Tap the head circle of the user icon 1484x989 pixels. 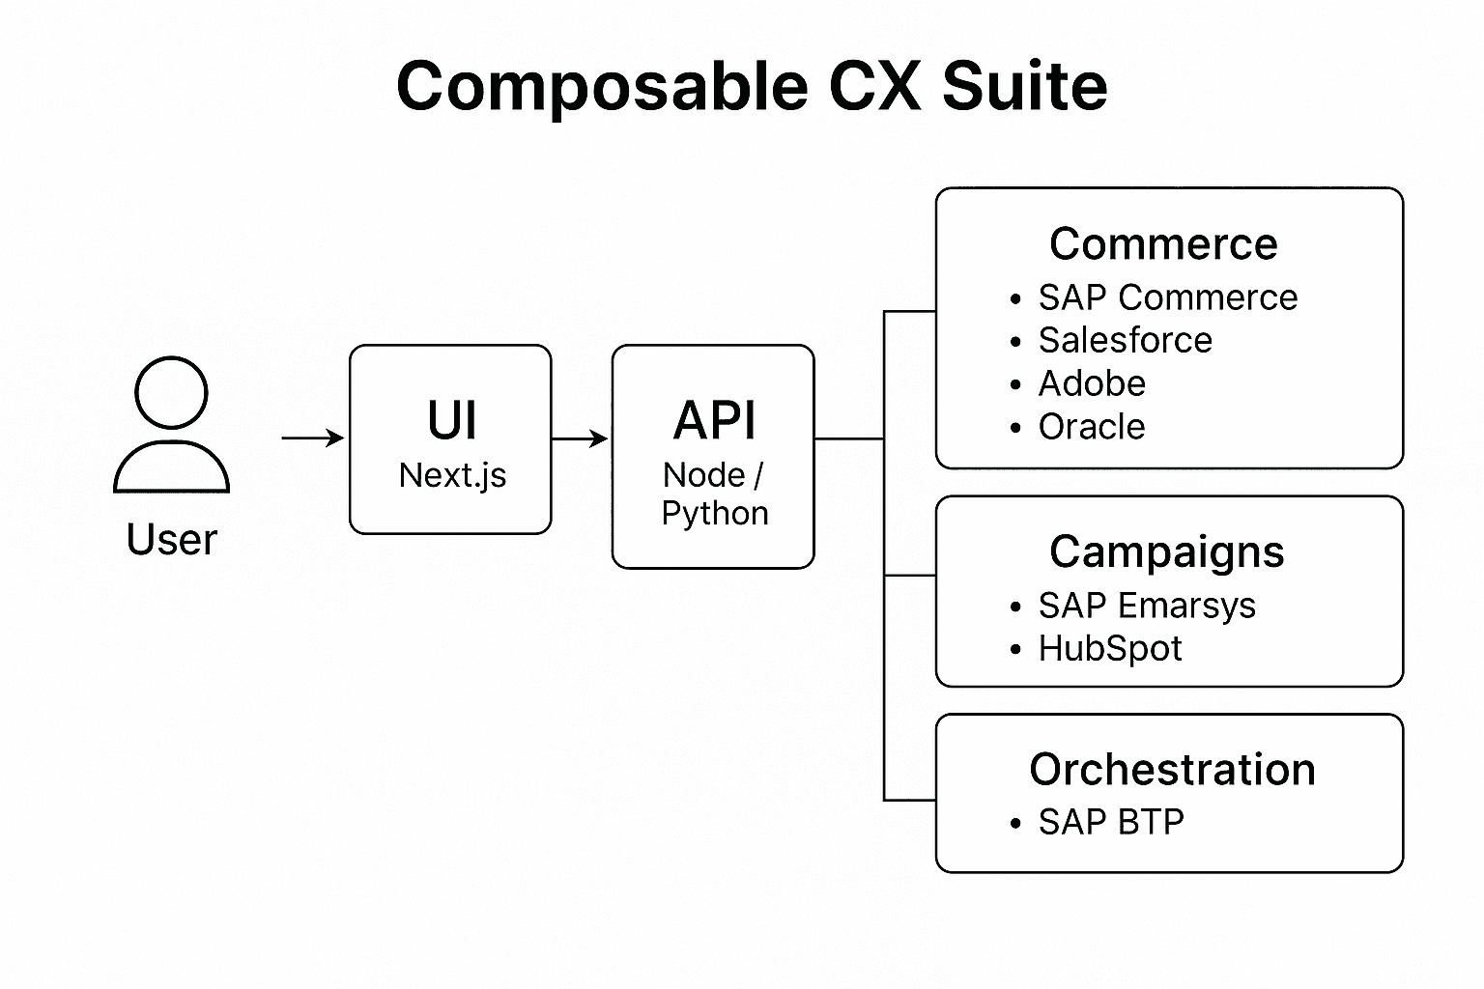tap(171, 392)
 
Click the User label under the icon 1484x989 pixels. tap(171, 539)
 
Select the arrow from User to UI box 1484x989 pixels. tap(312, 438)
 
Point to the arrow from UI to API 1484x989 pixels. tap(580, 438)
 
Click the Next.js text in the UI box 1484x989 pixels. tap(452, 475)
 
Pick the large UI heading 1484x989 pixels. tap(451, 420)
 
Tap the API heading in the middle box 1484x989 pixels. tap(715, 420)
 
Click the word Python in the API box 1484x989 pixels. tap(715, 513)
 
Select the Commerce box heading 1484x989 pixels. tap(1163, 243)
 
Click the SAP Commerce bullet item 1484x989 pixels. tap(1167, 297)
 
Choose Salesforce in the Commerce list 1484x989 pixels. tap(1125, 340)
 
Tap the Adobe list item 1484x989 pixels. tap(1092, 383)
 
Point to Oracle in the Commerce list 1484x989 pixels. tap(1092, 426)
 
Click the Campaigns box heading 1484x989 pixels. tap(1167, 551)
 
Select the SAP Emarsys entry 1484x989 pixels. tap(1147, 606)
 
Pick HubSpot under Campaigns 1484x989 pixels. tap(1110, 648)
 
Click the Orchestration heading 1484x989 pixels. tap(1172, 769)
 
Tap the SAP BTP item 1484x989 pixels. tap(1111, 822)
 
